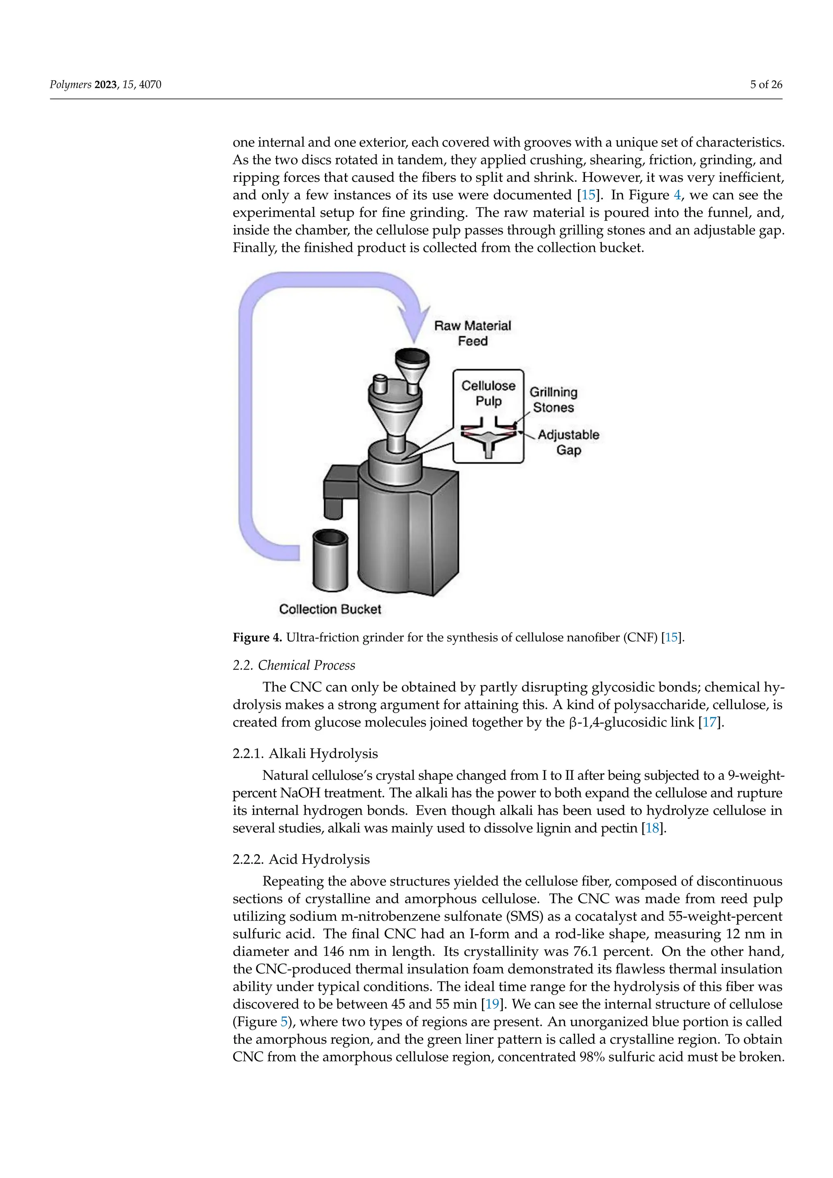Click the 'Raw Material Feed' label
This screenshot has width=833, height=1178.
[472, 333]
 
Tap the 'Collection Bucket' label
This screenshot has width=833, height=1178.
[330, 609]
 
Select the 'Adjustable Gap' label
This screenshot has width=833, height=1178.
[568, 442]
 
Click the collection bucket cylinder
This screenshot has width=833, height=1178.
[330, 562]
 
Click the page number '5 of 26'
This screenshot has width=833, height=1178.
[766, 85]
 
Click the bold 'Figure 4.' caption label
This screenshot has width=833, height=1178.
[257, 637]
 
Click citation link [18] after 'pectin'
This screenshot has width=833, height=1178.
[652, 828]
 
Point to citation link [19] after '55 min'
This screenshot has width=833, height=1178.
[493, 1003]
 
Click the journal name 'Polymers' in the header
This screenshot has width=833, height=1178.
[70, 85]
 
